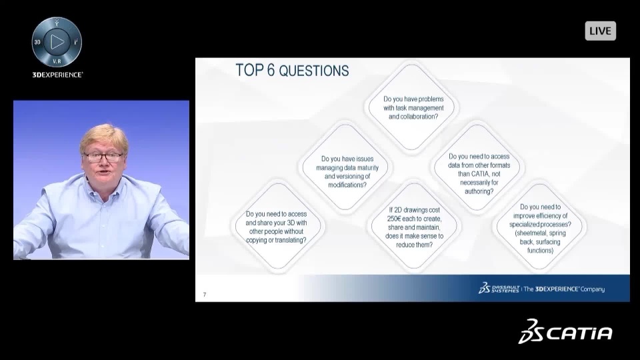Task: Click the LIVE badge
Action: coord(601,31)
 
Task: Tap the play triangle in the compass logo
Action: coord(57,41)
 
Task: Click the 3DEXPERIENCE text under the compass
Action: coord(57,75)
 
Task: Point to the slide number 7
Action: coord(205,295)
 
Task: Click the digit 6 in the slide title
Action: coord(271,70)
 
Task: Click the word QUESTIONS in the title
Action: coord(314,71)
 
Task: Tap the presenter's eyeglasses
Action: coord(103,157)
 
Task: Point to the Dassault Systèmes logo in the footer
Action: coord(499,288)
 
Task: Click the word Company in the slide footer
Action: coord(593,289)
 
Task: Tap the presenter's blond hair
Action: coord(104,135)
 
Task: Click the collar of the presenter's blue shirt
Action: coord(102,187)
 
